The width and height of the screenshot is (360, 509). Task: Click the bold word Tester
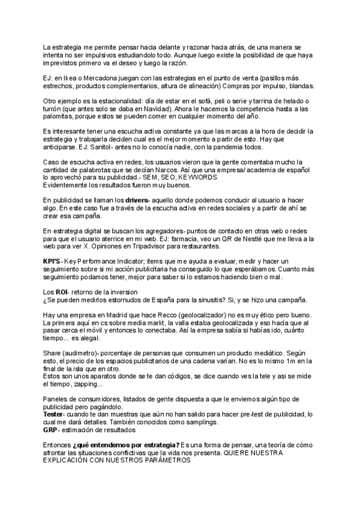tap(53, 415)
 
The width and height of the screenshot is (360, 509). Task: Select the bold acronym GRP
tap(50, 430)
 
